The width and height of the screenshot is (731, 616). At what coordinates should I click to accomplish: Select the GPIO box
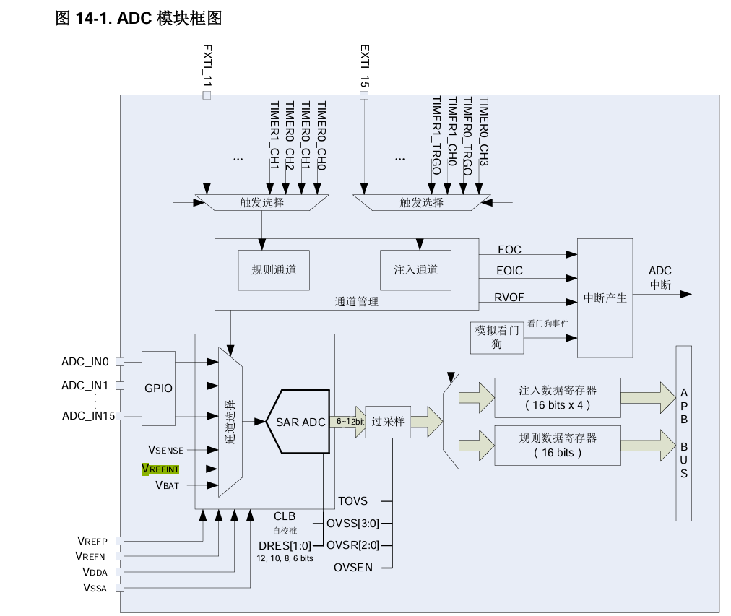[158, 388]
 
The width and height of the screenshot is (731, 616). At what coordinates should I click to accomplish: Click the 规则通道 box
[274, 270]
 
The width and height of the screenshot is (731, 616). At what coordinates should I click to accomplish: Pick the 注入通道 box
[415, 270]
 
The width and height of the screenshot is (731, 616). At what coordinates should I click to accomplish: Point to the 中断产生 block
[605, 298]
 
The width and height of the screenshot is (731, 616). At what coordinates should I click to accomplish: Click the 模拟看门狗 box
[497, 337]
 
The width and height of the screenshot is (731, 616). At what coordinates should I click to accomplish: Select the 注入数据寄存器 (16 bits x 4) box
[557, 397]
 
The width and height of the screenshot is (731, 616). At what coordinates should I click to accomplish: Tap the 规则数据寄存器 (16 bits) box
[557, 446]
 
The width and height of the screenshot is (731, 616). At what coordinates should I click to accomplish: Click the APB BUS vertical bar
[683, 433]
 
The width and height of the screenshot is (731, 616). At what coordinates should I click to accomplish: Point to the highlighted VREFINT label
[160, 469]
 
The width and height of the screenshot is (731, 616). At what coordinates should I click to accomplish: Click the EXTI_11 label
[207, 66]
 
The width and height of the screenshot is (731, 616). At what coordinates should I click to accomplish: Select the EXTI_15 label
[365, 66]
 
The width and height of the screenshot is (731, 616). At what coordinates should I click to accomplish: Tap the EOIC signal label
[509, 271]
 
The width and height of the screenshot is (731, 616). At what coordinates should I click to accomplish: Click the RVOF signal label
[509, 296]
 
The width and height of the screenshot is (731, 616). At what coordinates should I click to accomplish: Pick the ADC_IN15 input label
[89, 415]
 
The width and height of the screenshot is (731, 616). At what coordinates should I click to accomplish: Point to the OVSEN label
[353, 568]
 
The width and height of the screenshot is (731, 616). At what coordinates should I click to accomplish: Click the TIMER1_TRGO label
[436, 136]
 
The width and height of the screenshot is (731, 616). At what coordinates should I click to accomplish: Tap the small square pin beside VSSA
[120, 588]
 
